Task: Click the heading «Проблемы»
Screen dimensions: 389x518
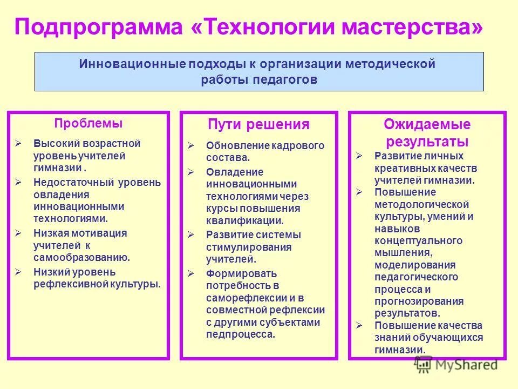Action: coord(88,123)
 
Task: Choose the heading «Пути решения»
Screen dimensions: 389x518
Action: coord(258,125)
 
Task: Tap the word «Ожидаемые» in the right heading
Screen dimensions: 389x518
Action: coord(427,125)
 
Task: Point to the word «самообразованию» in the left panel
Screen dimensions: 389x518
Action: coord(81,257)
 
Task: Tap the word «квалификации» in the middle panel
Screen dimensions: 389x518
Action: coord(243,220)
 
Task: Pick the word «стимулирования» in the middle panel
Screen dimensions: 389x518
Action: coord(248,247)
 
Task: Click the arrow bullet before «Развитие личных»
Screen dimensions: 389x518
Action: coord(359,156)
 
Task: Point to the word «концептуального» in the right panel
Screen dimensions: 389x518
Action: coord(418,240)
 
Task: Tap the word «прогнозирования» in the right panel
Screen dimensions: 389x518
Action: coord(419,301)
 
